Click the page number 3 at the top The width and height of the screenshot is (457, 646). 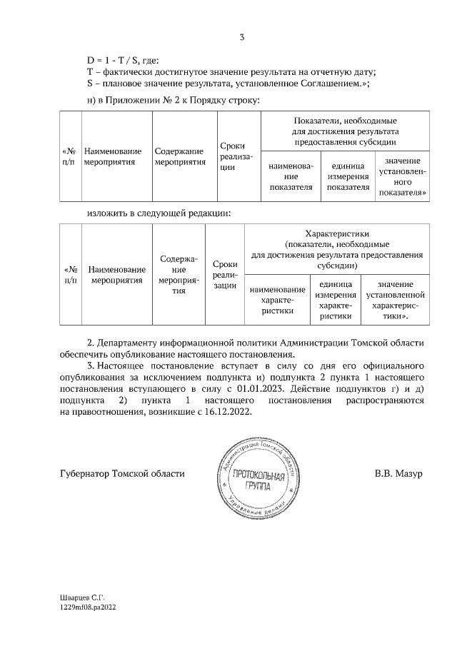click(x=242, y=37)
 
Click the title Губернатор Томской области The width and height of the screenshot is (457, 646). click(x=121, y=473)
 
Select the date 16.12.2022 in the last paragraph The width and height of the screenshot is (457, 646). click(x=228, y=412)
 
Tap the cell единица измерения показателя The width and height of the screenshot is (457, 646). click(x=348, y=176)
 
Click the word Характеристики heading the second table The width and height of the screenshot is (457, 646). click(x=336, y=233)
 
